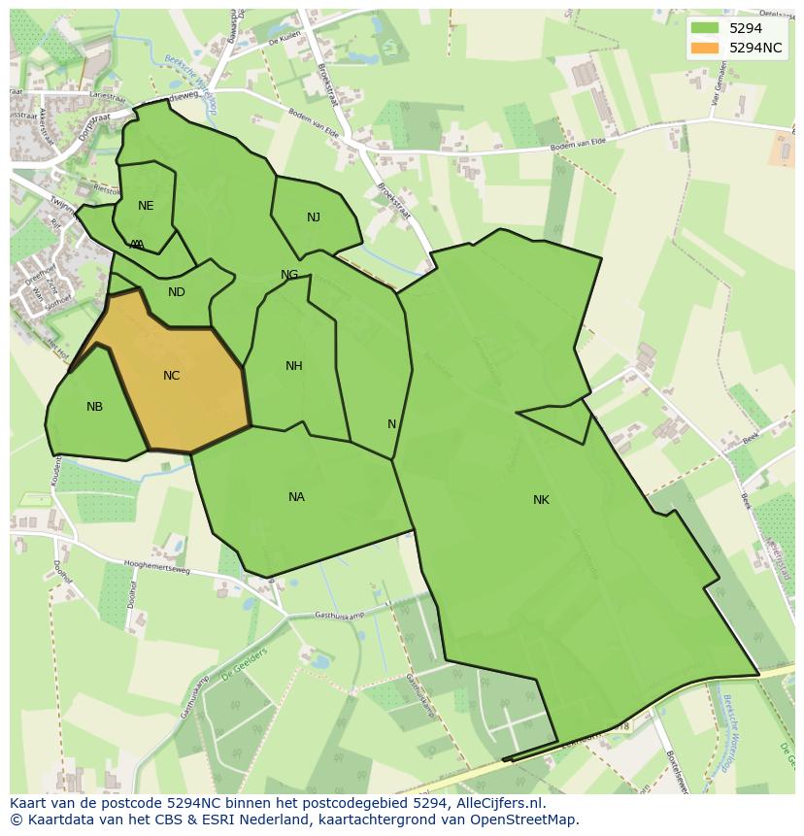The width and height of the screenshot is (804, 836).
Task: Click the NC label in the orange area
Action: [172, 376]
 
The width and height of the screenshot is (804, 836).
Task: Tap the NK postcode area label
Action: [541, 500]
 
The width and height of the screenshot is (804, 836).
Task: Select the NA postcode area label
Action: [296, 497]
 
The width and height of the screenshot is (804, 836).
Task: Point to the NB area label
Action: [94, 407]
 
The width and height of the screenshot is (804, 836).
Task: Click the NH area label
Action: [294, 366]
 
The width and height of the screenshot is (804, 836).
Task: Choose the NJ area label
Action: [314, 217]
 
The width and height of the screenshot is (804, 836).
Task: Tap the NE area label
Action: [146, 206]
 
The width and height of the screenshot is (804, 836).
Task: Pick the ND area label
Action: [177, 292]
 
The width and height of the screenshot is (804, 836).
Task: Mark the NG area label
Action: [289, 275]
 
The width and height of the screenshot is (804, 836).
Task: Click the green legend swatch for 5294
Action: [705, 28]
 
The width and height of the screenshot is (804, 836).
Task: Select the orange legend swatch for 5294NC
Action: [705, 48]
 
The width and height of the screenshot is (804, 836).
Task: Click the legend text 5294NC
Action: [755, 48]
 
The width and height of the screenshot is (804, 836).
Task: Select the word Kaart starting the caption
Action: [28, 804]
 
